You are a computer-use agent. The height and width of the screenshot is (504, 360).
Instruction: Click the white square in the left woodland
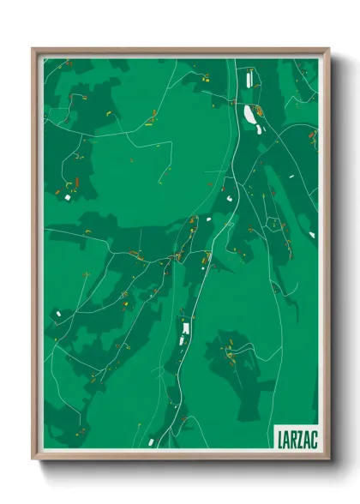click(x=67, y=197)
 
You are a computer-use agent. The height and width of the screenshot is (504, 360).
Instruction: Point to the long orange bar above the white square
click(x=74, y=183)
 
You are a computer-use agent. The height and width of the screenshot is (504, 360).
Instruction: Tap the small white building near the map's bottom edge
click(x=151, y=442)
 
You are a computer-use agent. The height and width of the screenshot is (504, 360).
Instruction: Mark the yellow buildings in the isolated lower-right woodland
click(x=230, y=352)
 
